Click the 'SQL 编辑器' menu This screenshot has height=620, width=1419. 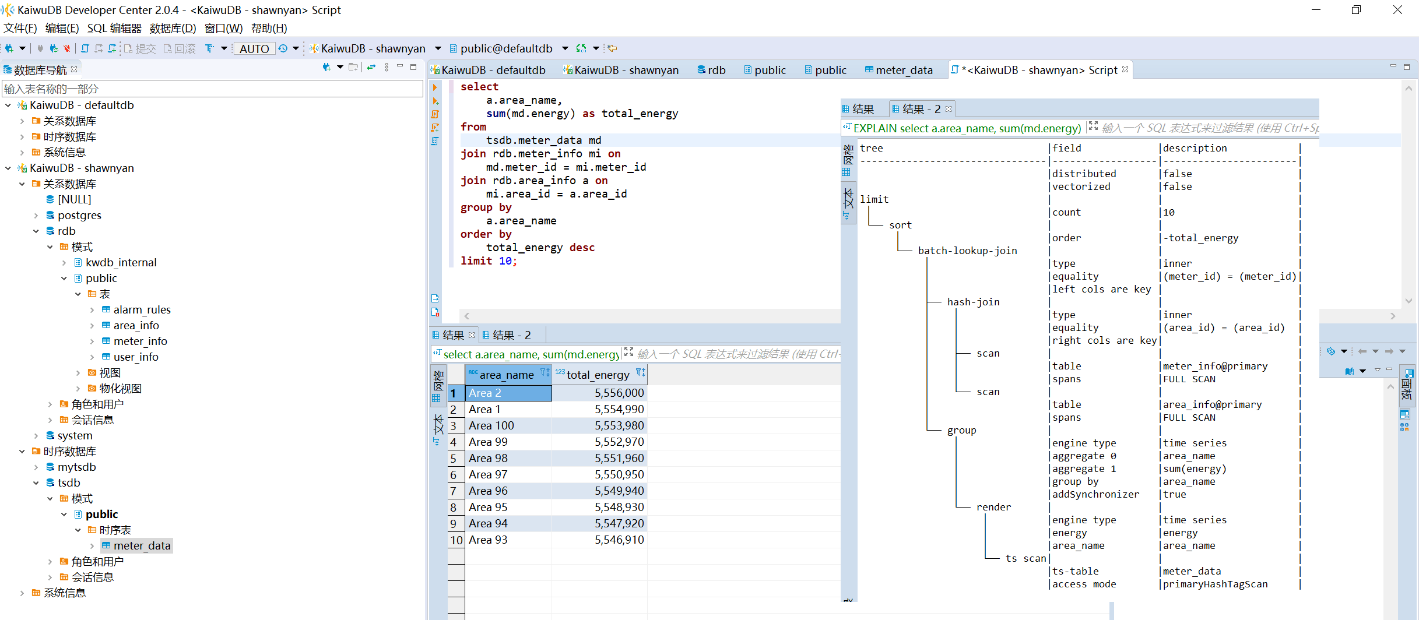click(x=114, y=28)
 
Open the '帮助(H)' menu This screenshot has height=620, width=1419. click(x=269, y=28)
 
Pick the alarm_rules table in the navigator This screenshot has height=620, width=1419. click(x=142, y=309)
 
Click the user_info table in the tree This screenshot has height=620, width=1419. click(x=136, y=357)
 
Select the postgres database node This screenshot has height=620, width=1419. click(x=79, y=215)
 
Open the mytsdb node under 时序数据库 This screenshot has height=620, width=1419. click(x=76, y=467)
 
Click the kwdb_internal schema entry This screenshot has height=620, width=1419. click(x=121, y=262)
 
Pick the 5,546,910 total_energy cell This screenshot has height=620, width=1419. click(x=619, y=540)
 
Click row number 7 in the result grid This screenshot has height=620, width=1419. click(x=454, y=491)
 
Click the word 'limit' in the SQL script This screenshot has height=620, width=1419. click(x=476, y=261)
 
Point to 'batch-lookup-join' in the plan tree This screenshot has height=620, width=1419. click(x=967, y=251)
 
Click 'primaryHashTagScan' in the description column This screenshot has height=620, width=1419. click(x=1215, y=584)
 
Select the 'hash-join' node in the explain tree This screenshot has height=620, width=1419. click(x=973, y=302)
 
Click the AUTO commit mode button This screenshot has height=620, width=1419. click(x=254, y=49)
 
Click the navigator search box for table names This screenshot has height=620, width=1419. click(x=212, y=89)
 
